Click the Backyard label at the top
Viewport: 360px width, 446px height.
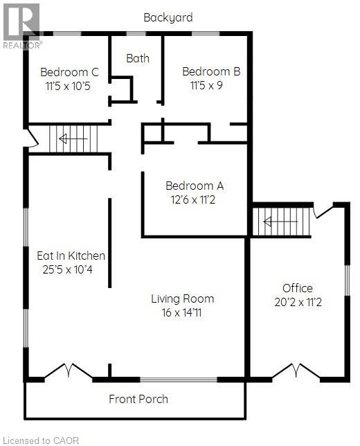coord(168,17)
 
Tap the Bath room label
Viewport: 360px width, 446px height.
coord(138,58)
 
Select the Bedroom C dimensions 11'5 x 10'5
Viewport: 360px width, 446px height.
coord(68,86)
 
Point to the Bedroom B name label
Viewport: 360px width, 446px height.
coord(211,71)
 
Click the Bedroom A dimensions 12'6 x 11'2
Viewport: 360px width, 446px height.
coord(192,199)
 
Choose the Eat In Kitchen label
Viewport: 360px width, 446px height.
coord(71,256)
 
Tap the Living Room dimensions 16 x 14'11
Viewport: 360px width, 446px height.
coord(181,312)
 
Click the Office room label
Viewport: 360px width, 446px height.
coord(298,288)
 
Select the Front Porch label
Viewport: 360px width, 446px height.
coord(138,399)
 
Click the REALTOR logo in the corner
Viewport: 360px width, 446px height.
coord(22,26)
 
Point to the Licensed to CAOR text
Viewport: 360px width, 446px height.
coord(42,440)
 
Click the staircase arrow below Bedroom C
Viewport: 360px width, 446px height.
coord(73,139)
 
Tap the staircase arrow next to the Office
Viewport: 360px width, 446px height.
coord(280,222)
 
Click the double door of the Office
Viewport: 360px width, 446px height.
coord(296,371)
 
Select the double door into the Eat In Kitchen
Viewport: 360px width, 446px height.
coord(69,371)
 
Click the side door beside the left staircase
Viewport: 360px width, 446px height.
coord(32,139)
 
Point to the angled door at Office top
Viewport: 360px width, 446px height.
coord(323,211)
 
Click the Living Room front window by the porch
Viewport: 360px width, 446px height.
coord(179,380)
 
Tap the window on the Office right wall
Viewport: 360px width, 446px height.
coord(347,280)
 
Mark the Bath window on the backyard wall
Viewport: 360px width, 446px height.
coord(136,33)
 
